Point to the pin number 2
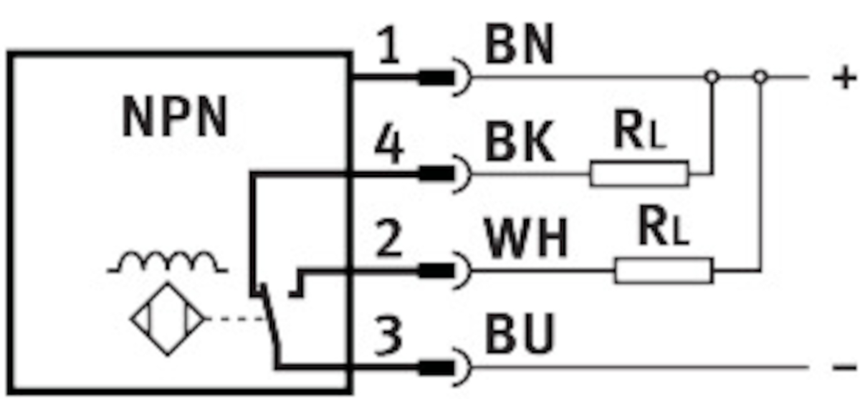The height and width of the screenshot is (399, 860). click(388, 241)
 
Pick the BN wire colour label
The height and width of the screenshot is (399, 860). click(519, 47)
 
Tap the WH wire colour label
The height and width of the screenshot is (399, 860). click(527, 241)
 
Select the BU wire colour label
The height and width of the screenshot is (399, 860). click(520, 334)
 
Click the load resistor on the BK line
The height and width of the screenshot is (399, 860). click(639, 174)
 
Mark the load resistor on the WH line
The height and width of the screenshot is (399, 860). click(664, 271)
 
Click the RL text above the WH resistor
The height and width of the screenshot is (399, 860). click(663, 229)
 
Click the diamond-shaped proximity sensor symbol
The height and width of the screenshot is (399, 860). click(168, 319)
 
